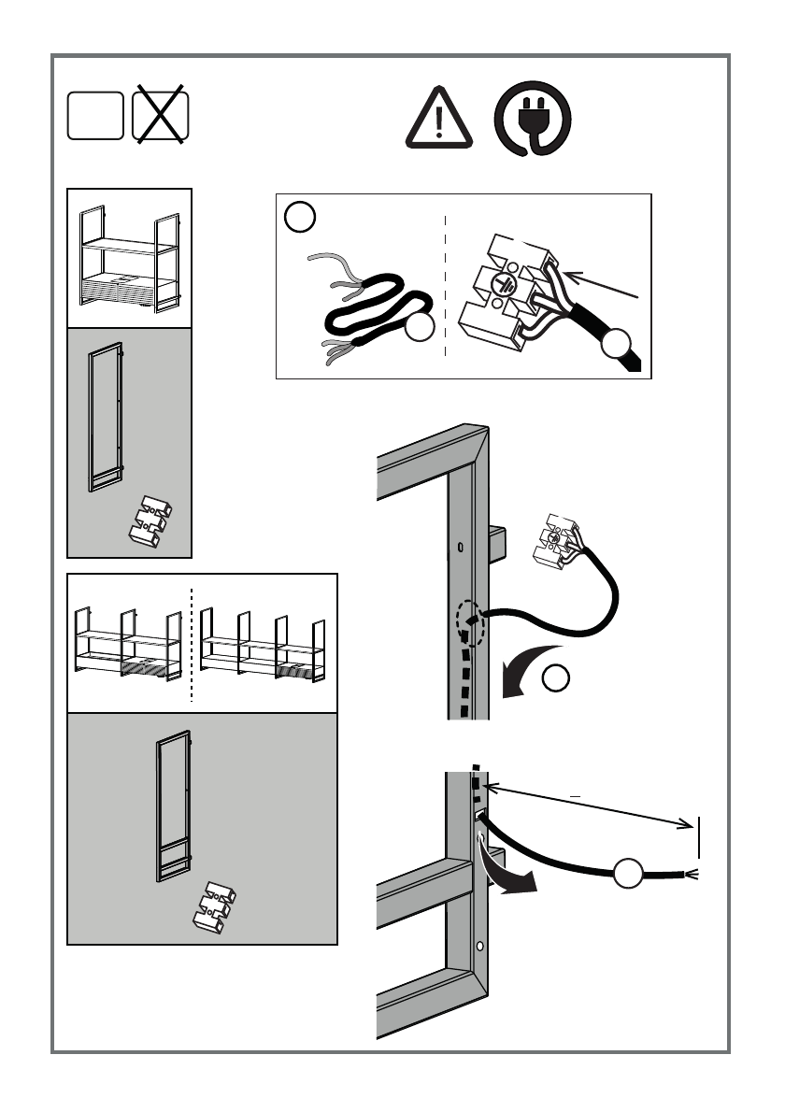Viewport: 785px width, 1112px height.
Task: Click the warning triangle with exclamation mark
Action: click(x=439, y=120)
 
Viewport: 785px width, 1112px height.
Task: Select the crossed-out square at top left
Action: click(x=161, y=117)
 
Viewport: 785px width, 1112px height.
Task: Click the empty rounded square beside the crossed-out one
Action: click(x=94, y=116)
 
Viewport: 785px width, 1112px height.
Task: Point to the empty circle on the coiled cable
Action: click(x=421, y=328)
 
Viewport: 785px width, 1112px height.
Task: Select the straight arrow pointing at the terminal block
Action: click(x=603, y=284)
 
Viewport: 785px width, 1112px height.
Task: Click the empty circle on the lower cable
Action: click(x=629, y=874)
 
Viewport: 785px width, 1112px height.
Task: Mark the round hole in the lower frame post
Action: click(x=481, y=947)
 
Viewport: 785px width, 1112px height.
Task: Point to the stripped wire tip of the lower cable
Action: click(x=693, y=875)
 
